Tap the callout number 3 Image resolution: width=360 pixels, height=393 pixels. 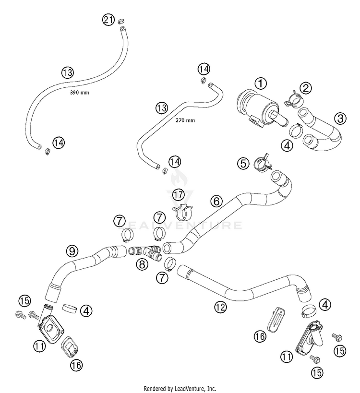click(340, 118)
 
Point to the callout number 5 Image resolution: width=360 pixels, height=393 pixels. click(244, 163)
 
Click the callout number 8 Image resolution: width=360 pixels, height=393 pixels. click(142, 264)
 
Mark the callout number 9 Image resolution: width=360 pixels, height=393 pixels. click(72, 250)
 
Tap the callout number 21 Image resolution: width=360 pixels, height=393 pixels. click(108, 20)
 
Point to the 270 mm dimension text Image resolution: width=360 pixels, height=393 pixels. click(185, 120)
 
